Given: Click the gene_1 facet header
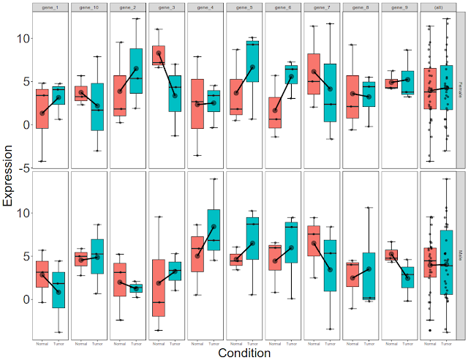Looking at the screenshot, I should [x=50, y=7].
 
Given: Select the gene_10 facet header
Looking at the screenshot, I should [x=89, y=7].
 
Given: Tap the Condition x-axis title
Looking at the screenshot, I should [x=244, y=353].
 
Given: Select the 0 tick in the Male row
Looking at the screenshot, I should [x=24, y=300].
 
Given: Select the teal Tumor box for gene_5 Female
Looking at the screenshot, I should [x=252, y=61].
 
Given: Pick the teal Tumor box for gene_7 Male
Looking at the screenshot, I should [x=330, y=265].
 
